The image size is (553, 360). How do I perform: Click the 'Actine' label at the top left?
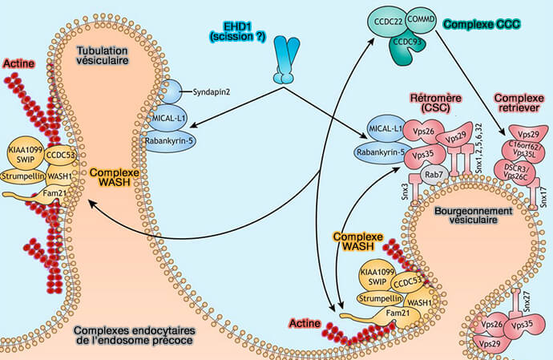[x=18, y=63]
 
